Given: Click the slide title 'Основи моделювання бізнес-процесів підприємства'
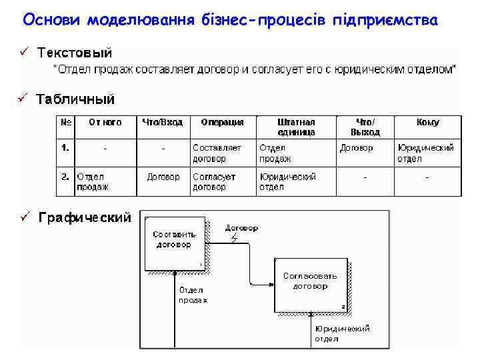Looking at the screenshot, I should tap(230, 20).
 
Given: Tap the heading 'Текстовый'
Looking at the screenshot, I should tap(75, 52).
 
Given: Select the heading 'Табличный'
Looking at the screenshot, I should tap(75, 99).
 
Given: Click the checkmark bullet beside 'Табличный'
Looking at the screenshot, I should tap(23, 99).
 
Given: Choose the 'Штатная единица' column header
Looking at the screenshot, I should tap(296, 127).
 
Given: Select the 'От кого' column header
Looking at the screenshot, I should tap(105, 122).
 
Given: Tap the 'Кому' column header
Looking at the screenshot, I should tap(427, 122).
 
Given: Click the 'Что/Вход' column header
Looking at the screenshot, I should tap(163, 122).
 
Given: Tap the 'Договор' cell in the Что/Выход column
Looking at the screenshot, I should tap(357, 148).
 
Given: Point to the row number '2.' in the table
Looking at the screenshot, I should tap(65, 177).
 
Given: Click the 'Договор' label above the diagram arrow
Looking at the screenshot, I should tap(241, 228).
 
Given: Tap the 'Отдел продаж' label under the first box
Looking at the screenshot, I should tap(193, 295).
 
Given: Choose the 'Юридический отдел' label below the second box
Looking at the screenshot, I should tap(342, 333).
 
